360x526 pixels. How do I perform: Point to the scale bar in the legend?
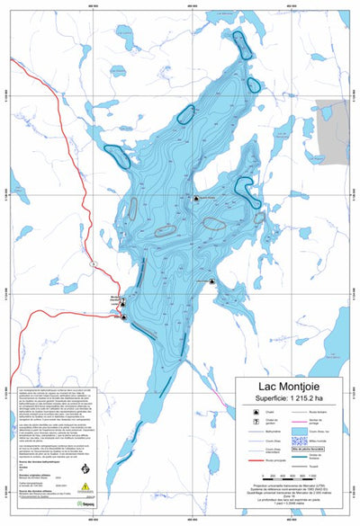pos(289,480)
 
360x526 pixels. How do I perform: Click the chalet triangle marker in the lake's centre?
pos(195,198)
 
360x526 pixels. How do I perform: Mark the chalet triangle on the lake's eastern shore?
pos(211,281)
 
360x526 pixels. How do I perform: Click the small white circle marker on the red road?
pos(94,263)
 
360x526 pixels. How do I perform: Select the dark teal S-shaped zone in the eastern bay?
pos(244,186)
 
